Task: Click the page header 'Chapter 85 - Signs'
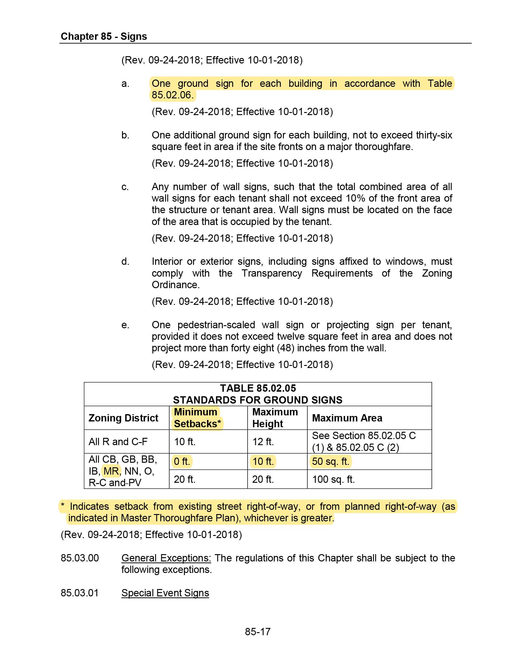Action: point(104,36)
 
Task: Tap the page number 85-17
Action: point(258,631)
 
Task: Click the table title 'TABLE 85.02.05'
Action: point(258,388)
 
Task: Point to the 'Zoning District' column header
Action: point(123,418)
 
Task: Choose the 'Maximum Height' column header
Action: point(275,418)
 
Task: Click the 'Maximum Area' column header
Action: point(347,418)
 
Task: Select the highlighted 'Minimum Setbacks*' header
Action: point(197,418)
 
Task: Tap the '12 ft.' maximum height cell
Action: point(263,442)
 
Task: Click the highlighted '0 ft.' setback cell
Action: point(182,461)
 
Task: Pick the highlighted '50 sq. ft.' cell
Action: point(331,461)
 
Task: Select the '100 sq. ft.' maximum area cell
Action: point(333,479)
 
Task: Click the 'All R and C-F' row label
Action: point(118,442)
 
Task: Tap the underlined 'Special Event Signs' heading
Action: point(165,593)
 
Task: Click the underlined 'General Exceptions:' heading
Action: point(166,558)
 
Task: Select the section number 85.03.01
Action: point(80,593)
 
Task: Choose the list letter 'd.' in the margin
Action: point(125,261)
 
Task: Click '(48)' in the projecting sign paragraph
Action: point(286,348)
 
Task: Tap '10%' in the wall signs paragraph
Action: point(355,198)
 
